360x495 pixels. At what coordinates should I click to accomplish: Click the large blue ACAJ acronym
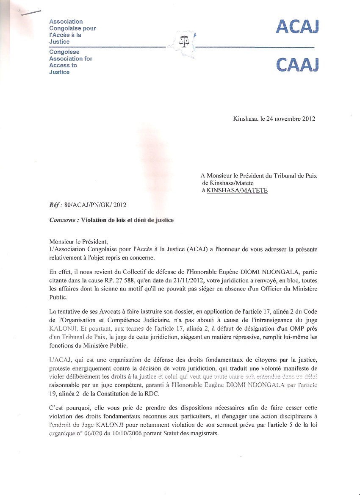coord(297,27)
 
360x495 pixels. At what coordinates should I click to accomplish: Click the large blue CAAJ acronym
coord(297,65)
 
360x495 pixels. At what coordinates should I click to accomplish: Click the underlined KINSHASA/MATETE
coord(237,191)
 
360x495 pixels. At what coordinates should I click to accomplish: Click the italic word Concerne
coord(64,220)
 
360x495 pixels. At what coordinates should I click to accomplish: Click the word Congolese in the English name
coord(64,52)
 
